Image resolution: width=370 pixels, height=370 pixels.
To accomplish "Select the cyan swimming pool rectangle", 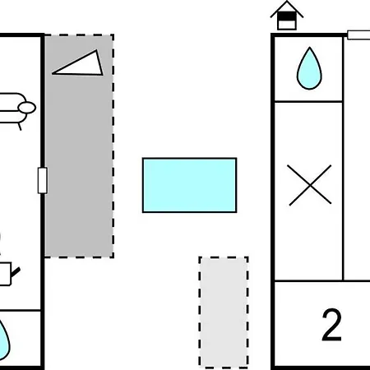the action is point(189,185).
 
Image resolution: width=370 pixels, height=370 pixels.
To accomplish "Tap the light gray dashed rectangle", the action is point(224,312).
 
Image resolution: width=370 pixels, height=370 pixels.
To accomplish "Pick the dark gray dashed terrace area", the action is point(79,146).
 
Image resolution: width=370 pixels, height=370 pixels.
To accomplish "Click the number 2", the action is point(332,325).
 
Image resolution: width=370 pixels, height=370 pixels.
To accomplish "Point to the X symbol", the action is point(310,185).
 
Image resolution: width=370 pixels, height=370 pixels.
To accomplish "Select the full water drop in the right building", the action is point(309,68).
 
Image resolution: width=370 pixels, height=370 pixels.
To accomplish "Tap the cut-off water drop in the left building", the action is point(4,340).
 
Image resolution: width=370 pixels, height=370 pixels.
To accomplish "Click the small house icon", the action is point(287,16).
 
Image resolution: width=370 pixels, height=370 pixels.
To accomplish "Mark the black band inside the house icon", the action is point(287,16).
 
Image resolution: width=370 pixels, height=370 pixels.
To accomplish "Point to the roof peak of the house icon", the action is point(287,2).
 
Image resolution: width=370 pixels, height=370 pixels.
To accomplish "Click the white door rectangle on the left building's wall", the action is point(43,180).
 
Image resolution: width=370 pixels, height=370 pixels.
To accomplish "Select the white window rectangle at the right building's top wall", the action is point(358,35).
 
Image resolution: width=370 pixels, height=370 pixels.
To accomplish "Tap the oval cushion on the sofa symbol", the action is point(27,108).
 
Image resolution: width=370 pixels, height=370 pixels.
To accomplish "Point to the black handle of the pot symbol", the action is point(16,272).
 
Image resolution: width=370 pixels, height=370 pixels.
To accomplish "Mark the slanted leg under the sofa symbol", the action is point(20,127).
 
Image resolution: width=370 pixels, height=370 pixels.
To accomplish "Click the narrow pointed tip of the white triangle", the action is point(53,73).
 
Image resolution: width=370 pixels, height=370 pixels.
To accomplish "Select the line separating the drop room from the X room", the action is point(308,102).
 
